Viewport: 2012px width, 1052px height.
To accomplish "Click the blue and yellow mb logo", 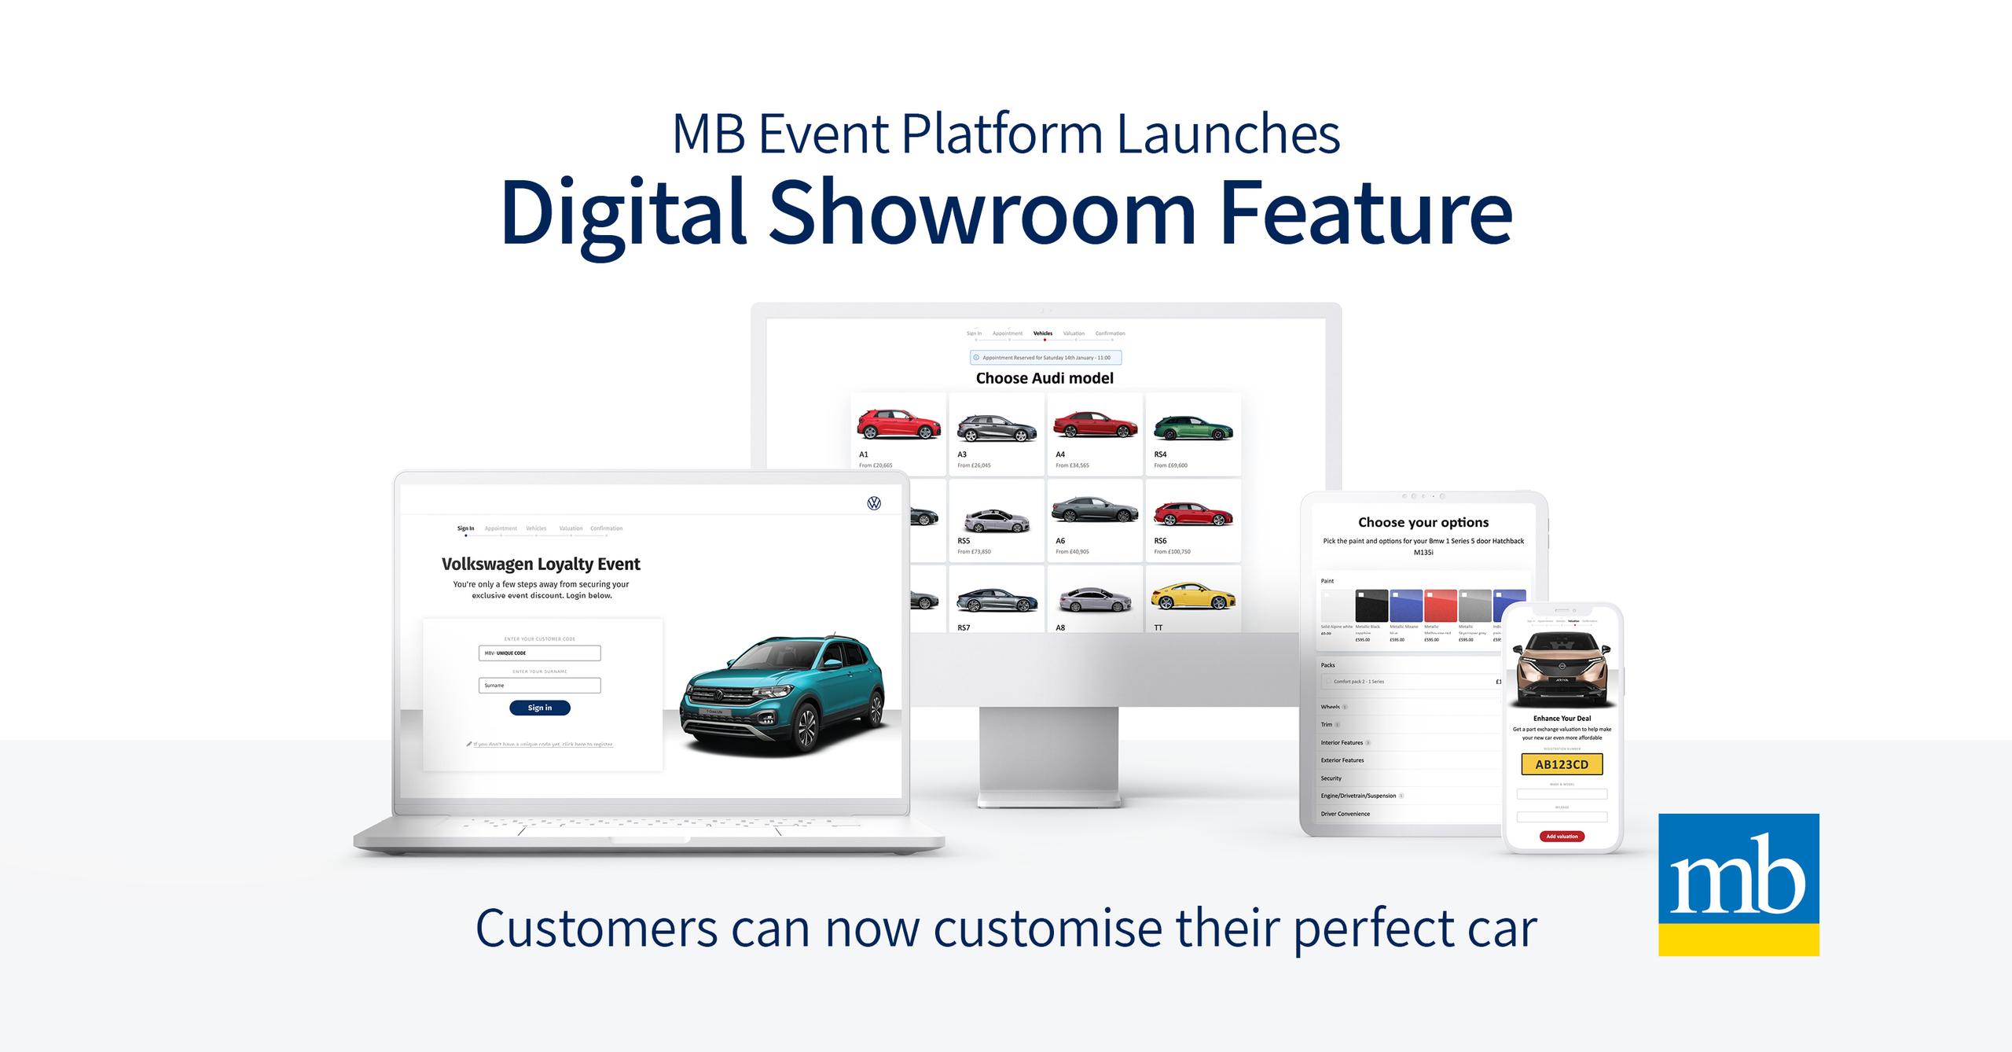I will (x=1738, y=884).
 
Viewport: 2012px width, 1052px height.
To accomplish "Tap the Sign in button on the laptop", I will (x=539, y=708).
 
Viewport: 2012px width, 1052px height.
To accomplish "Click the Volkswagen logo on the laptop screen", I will (x=874, y=503).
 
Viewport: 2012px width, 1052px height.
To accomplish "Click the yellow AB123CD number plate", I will (x=1562, y=764).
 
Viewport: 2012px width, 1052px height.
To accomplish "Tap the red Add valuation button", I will (x=1562, y=836).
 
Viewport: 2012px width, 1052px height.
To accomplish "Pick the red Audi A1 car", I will (x=898, y=425).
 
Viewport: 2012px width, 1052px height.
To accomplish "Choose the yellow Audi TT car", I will (x=1192, y=598).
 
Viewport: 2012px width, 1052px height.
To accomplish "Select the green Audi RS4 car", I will (x=1192, y=429).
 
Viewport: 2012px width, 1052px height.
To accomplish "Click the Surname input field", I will (x=539, y=686).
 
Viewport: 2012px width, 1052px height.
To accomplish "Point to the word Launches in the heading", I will (x=1228, y=134).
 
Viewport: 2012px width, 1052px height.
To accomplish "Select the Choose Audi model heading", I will (x=1045, y=378).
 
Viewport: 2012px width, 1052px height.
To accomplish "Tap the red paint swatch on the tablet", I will (x=1441, y=606).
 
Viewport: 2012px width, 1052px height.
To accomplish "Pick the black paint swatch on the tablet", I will (x=1371, y=606).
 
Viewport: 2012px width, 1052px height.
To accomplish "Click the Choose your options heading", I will (x=1423, y=522).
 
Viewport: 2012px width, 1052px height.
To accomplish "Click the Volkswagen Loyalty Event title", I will (x=541, y=564).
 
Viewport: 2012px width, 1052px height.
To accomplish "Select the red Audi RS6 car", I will (x=1192, y=514).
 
